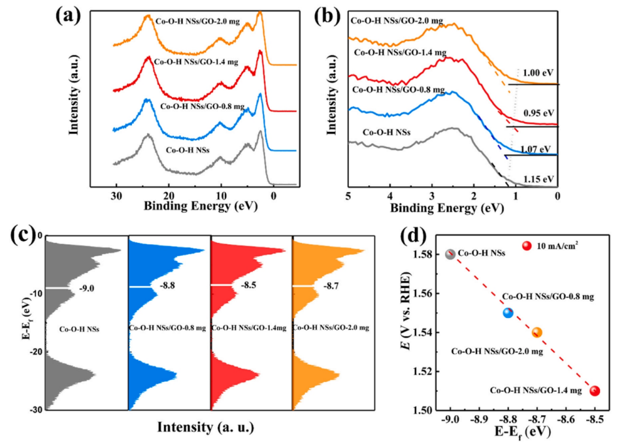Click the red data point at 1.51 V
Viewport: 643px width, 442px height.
595,391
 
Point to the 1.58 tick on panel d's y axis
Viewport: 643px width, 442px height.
429,254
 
